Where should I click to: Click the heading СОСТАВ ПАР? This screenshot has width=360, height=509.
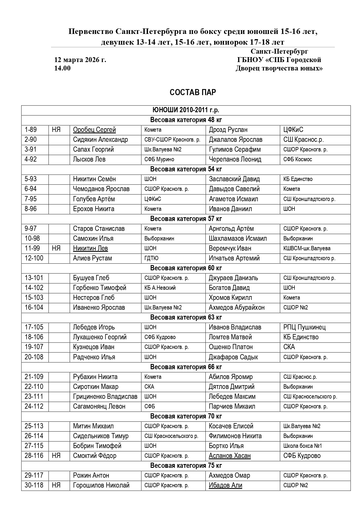point(193,92)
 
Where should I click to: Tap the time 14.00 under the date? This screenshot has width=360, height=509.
point(62,68)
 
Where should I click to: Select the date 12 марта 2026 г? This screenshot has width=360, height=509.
point(80,60)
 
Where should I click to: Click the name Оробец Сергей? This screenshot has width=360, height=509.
point(94,130)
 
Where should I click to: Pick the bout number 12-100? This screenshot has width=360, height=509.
point(34,258)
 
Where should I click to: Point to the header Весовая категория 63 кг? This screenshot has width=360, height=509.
point(186,317)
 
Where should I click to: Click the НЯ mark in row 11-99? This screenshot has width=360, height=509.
point(56,248)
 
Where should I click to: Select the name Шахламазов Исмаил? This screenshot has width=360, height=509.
point(238,238)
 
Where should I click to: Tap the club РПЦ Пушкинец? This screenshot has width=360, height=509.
point(304,327)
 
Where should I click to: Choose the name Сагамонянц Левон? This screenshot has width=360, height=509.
point(99,406)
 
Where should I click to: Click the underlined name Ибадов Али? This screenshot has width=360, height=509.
point(225,485)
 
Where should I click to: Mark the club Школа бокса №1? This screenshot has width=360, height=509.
point(303,446)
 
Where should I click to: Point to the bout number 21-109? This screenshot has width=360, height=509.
point(34,377)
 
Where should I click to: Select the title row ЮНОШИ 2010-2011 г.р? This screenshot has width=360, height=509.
point(186,110)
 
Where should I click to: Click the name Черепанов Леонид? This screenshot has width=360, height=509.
point(235,159)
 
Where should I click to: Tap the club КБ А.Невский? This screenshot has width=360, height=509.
point(160,288)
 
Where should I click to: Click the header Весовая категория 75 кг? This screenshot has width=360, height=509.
point(186,465)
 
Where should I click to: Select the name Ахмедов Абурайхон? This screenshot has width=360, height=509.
point(236,307)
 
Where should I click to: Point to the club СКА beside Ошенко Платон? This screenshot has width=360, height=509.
point(289,347)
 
